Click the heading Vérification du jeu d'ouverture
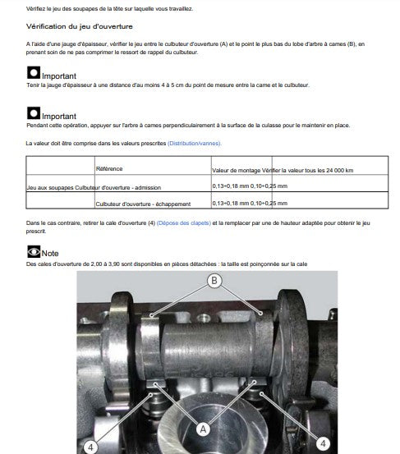pyautogui.click(x=80, y=26)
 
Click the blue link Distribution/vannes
pyautogui.click(x=194, y=144)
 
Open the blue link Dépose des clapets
pyautogui.click(x=184, y=223)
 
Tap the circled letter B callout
pyautogui.click(x=214, y=281)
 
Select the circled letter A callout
pyautogui.click(x=203, y=429)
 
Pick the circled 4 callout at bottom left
pyautogui.click(x=90, y=447)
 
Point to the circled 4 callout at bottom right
pyautogui.click(x=323, y=443)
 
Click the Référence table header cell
pyautogui.click(x=109, y=169)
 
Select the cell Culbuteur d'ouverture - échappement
pyautogui.click(x=143, y=204)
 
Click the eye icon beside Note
pyautogui.click(x=34, y=251)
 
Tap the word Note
pyautogui.click(x=50, y=254)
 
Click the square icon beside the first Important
pyautogui.click(x=34, y=73)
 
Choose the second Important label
pyautogui.click(x=59, y=117)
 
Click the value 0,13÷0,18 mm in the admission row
pyautogui.click(x=231, y=186)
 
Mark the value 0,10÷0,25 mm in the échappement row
pyautogui.click(x=269, y=203)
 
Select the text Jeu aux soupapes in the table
pyautogui.click(x=50, y=188)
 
